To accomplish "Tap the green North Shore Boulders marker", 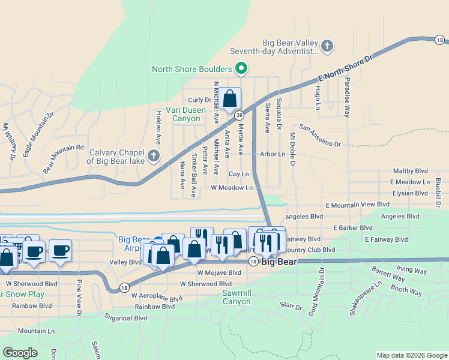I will point(241,69).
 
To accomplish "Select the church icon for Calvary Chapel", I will point(153,157).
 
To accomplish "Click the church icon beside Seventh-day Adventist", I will point(327,46).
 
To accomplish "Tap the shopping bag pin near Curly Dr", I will point(229,98).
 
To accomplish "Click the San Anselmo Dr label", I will point(320,136).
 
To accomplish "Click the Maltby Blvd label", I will point(409,171).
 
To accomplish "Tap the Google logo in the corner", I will point(20,352).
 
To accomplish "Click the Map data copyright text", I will point(411,355).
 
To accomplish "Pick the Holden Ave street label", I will point(158,127).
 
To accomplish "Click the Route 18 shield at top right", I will point(440,40).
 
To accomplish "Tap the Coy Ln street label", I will point(238,173).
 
